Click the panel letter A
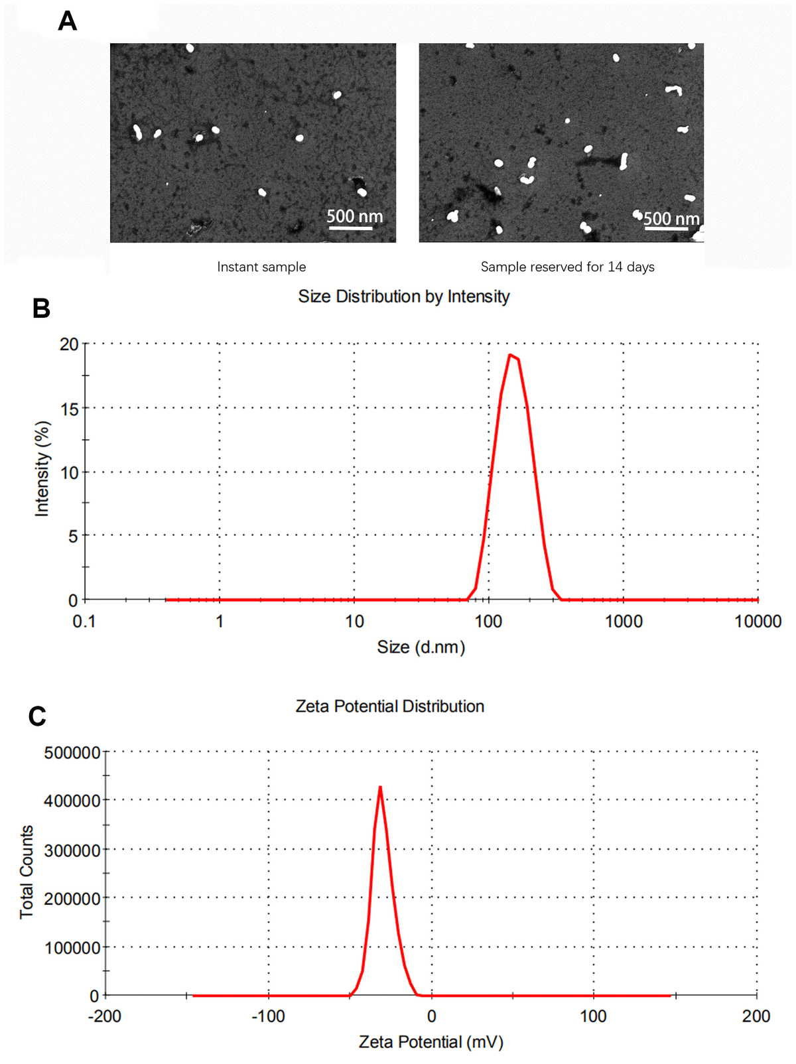tap(68, 21)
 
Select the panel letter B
tap(41, 308)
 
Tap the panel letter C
tap(38, 716)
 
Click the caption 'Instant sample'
tap(261, 267)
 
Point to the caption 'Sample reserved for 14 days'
tap(567, 267)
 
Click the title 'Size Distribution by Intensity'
tap(403, 297)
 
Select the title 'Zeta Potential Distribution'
tap(390, 706)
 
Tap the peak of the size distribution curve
tap(511, 355)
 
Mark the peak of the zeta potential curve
tap(380, 787)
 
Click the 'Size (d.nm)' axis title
tap(421, 647)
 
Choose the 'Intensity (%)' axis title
tap(42, 468)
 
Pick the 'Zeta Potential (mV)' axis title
tap(431, 1042)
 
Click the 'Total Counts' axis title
tap(26, 872)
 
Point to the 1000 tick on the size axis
tap(624, 622)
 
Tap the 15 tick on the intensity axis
tap(70, 409)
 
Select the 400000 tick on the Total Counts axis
tap(72, 801)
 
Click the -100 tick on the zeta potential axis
tap(268, 1016)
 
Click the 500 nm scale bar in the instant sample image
tap(351, 228)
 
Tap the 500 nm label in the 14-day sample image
tap(671, 218)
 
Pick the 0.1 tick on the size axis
tap(84, 622)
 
